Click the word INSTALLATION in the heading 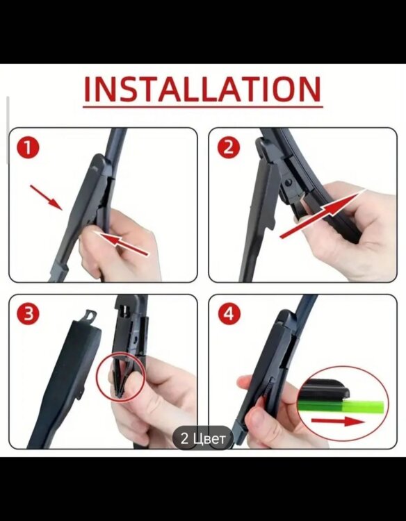203,90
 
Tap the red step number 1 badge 28,147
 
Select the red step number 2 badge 229,147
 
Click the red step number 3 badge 28,314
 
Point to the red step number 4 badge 229,314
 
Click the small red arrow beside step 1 46,198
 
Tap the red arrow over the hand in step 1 121,243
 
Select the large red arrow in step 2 323,214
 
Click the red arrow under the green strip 338,422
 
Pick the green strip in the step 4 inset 341,406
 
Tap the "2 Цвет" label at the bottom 203,438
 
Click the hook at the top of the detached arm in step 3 89,315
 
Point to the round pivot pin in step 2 289,182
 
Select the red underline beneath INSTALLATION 203,107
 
